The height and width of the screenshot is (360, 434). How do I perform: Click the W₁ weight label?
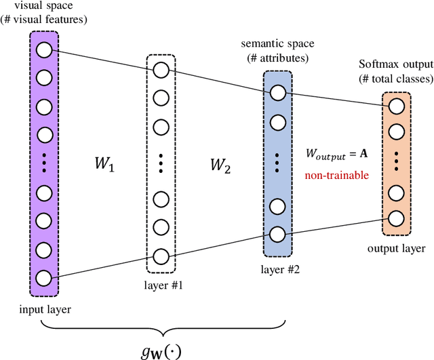coord(105,165)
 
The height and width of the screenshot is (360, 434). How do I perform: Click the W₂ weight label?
coord(219,165)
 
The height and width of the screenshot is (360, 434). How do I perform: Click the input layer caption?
coord(45,310)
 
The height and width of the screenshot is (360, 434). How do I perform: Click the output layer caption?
coord(397,248)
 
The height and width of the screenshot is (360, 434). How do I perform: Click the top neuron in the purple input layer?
coord(44,50)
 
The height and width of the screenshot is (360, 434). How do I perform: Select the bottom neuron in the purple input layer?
coord(44,277)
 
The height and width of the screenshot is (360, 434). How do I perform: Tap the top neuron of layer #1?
coord(161,71)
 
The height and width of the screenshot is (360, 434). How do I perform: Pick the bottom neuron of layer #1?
coord(161,256)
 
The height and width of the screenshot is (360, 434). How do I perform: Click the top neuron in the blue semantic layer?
coord(278,93)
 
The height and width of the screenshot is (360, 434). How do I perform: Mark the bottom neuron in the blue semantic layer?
coord(278,235)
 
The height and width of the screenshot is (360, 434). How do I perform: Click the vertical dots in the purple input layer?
coord(44,164)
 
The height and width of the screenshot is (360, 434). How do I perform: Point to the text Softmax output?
coord(396,66)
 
